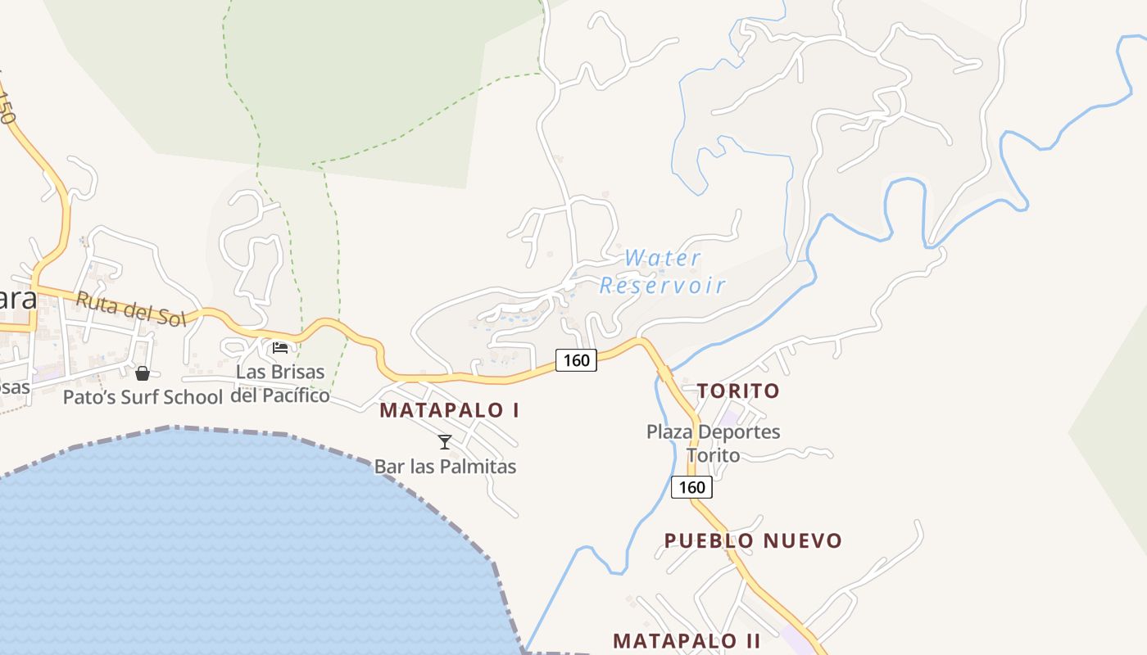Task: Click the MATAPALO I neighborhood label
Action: (x=449, y=410)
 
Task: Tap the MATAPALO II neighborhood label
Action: (x=687, y=640)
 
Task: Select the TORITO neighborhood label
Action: (x=738, y=391)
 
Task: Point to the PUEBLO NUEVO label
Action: (x=753, y=540)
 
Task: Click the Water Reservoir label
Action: (x=663, y=272)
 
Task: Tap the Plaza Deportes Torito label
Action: (x=714, y=443)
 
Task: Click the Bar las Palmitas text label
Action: (x=445, y=467)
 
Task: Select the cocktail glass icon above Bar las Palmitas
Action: (x=445, y=442)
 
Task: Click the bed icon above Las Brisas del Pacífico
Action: (x=280, y=348)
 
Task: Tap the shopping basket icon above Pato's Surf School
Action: (x=143, y=373)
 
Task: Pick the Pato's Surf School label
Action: (x=143, y=398)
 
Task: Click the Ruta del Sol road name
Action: (x=131, y=309)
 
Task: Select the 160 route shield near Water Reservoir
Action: (x=576, y=359)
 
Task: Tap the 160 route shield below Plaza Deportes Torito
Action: (x=691, y=487)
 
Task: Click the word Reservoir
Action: (x=663, y=285)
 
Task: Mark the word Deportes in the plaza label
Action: (x=736, y=431)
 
